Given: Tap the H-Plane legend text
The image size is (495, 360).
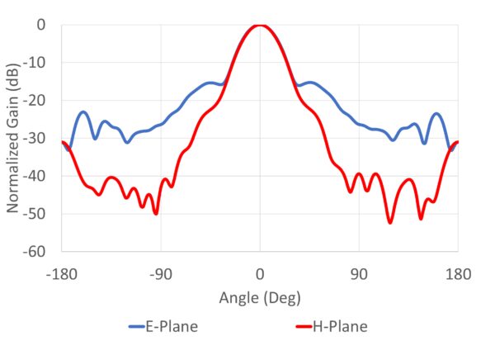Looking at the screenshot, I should [x=340, y=327].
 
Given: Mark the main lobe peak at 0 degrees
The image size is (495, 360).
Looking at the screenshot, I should [x=260, y=26].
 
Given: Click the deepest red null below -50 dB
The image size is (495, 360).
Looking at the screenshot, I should [x=390, y=222].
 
